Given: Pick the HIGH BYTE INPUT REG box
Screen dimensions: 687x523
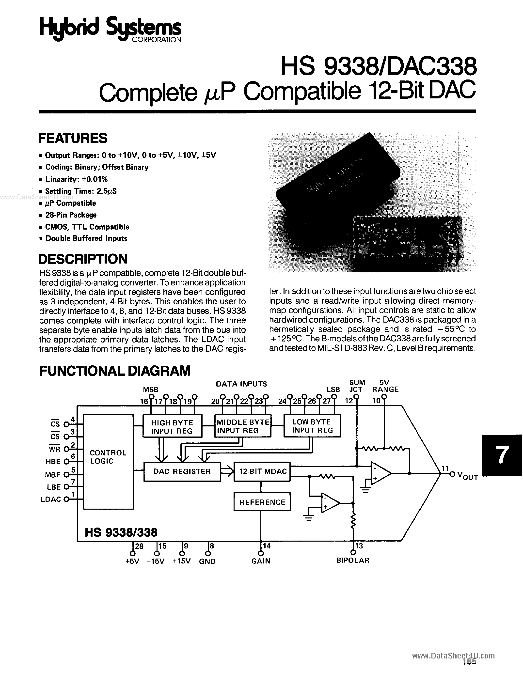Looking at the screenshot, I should [172, 427].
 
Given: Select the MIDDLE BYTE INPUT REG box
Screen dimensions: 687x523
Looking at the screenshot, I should [243, 426].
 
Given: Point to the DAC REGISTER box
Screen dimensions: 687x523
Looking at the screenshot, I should [182, 472].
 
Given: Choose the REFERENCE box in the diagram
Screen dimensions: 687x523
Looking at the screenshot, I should [262, 502].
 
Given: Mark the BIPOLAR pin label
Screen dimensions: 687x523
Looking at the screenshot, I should [353, 561].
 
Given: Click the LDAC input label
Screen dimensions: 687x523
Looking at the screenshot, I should [51, 499].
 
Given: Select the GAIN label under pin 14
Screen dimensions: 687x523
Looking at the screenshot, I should [261, 561].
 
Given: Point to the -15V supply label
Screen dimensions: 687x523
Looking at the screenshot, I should [156, 561].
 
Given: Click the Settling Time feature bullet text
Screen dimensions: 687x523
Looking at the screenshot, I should [81, 191].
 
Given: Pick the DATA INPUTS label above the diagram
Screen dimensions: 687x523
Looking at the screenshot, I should [241, 384].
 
